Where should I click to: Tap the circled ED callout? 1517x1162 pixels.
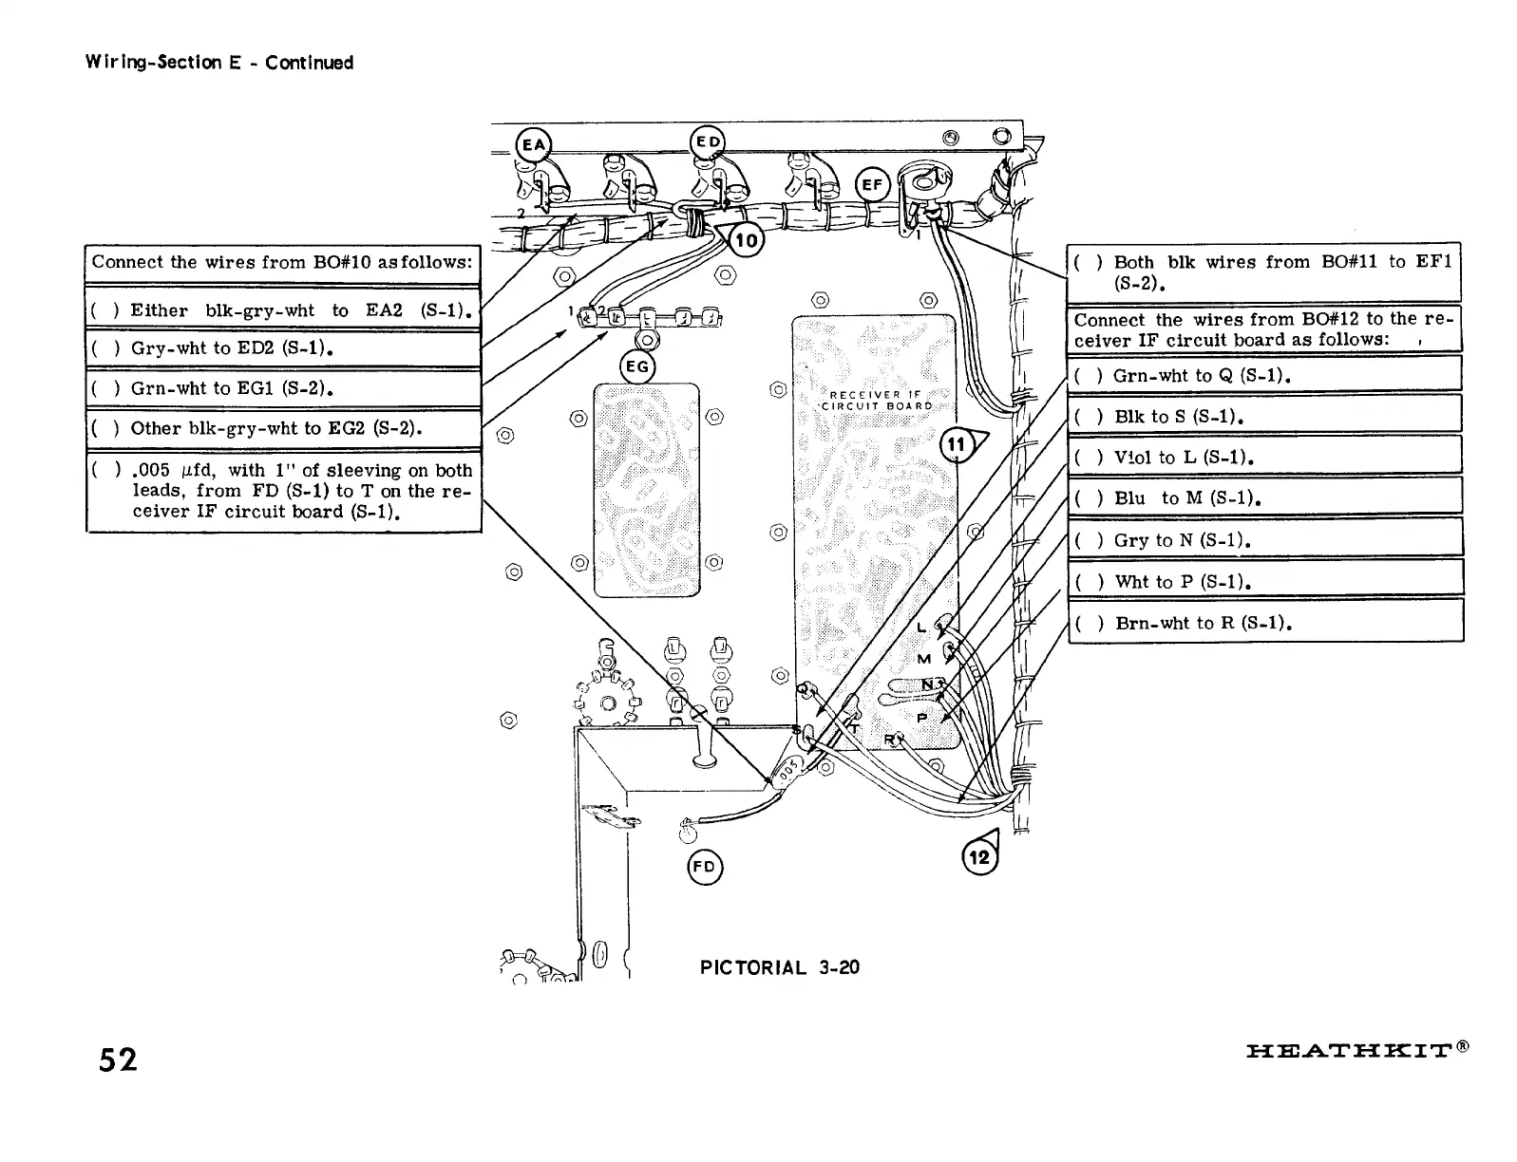click(x=707, y=142)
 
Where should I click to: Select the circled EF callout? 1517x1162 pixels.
click(x=872, y=186)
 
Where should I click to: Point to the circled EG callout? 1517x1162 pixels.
click(x=637, y=366)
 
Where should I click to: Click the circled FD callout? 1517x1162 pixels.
click(x=704, y=867)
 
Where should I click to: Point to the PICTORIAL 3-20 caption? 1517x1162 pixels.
click(x=779, y=967)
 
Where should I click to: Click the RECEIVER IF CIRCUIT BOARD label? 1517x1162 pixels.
click(x=876, y=400)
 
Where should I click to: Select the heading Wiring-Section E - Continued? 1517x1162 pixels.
click(x=219, y=63)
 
